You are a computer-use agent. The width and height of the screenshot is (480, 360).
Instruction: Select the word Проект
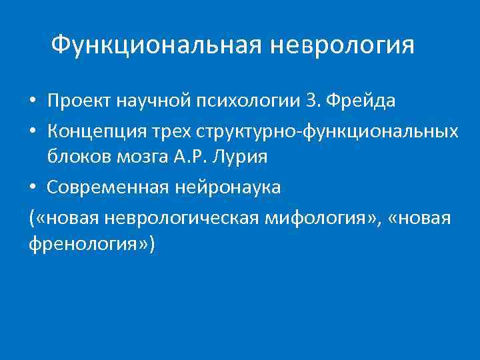tap(80, 101)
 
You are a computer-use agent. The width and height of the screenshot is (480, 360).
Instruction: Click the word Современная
tap(109, 188)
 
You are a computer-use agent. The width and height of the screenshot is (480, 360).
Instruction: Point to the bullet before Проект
tap(33, 102)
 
